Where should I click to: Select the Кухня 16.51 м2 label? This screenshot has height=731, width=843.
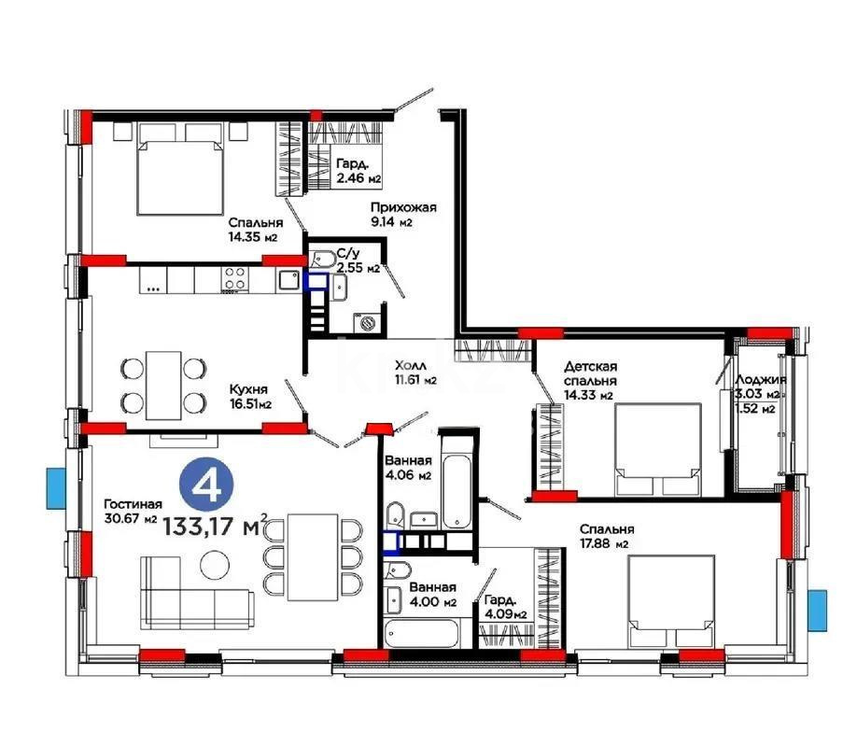pos(250,397)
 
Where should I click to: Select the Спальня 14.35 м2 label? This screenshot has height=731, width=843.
pos(255,230)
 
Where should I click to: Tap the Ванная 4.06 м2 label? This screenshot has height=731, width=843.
pos(409,468)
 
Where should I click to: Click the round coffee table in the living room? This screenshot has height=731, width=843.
pos(214,564)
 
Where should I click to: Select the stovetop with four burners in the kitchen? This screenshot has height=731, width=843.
pos(233,278)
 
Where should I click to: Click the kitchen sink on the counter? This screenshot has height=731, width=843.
pos(288,277)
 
